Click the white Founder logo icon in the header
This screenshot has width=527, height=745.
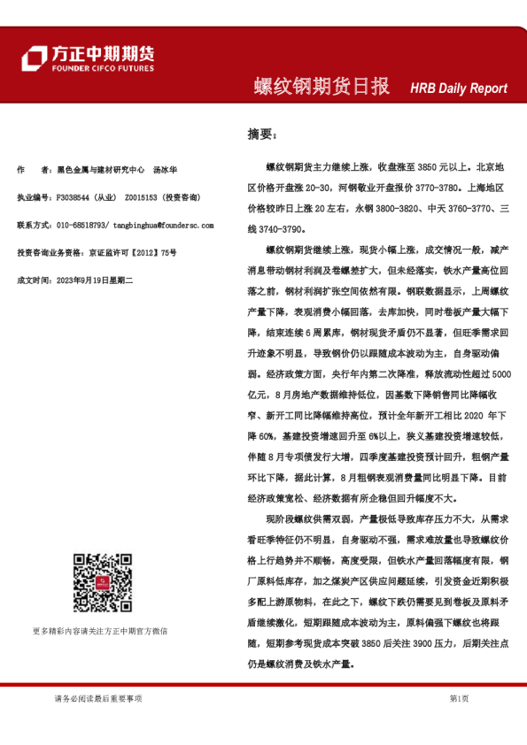tap(34, 58)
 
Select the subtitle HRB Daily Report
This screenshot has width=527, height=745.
tap(459, 88)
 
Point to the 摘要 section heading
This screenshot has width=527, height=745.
tap(260, 134)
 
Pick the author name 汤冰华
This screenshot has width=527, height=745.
tap(166, 168)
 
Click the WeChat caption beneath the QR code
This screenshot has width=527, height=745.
tap(97, 631)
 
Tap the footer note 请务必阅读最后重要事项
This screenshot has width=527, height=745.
tap(97, 699)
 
